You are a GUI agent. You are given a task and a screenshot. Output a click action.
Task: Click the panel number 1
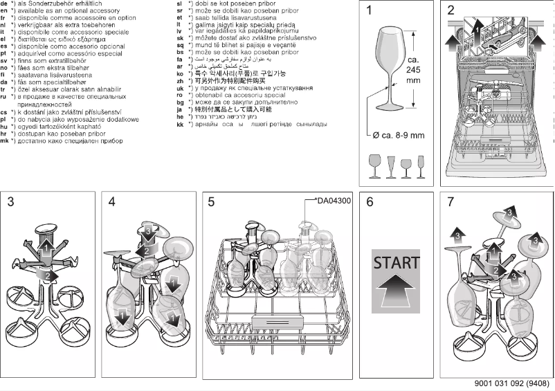(369, 11)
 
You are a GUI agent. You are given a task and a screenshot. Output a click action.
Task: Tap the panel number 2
(451, 11)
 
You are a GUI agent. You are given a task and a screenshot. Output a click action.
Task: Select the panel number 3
(11, 202)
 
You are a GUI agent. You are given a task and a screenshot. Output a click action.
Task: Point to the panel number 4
(112, 202)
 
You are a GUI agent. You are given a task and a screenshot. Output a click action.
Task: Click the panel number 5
(212, 202)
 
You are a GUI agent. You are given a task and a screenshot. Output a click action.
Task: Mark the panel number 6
(370, 202)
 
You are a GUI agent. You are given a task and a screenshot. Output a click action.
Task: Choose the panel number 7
(451, 202)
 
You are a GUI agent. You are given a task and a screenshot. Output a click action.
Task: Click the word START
(396, 263)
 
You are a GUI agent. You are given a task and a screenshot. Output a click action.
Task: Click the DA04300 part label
(334, 201)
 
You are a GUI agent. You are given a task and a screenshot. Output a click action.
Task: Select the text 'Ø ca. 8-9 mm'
(399, 136)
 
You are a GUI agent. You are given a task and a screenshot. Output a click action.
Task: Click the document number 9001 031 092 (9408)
(513, 383)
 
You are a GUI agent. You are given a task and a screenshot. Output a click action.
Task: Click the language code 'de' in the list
(5, 4)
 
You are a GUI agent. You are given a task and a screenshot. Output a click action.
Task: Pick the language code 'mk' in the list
(5, 140)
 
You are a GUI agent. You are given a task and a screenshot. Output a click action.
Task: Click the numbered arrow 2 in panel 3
(46, 275)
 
